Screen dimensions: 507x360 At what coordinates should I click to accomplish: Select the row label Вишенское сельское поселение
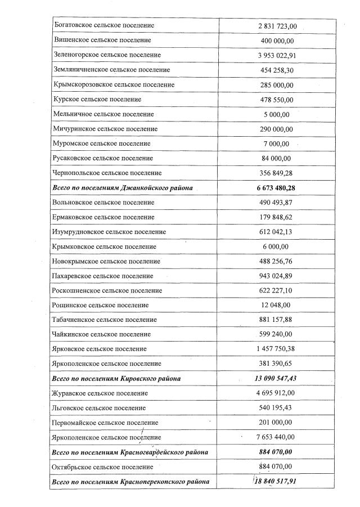(102, 41)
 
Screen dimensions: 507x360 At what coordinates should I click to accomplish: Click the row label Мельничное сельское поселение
(103, 114)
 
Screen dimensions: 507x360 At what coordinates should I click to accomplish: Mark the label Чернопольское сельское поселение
(107, 173)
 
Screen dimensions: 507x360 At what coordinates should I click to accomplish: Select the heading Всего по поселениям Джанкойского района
(121, 187)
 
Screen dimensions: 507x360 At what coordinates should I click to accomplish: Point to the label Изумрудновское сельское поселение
(110, 232)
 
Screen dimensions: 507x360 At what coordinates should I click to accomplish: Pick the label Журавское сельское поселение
(102, 393)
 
